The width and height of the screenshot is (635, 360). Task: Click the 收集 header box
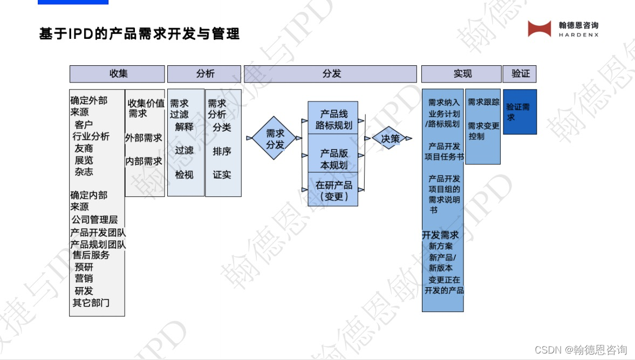[117, 74]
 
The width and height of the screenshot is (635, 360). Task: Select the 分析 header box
[204, 74]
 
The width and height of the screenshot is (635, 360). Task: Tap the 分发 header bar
[330, 74]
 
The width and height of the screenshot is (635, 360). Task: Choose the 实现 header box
[461, 74]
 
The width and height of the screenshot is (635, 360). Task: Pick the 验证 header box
[520, 74]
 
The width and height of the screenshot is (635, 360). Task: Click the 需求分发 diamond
[275, 139]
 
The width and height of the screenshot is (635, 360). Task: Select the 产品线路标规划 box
[333, 119]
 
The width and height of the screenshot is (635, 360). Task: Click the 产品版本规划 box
[333, 159]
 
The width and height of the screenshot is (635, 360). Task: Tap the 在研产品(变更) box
[333, 191]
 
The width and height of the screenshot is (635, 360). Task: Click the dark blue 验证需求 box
[520, 112]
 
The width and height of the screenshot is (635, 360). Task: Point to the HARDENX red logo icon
[539, 29]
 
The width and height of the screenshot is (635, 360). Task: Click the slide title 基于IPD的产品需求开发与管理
[139, 34]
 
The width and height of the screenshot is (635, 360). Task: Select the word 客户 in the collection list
[84, 125]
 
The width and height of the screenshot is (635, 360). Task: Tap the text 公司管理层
[94, 220]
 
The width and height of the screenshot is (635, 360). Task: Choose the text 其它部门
[91, 303]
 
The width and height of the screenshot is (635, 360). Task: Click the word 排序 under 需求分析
[222, 151]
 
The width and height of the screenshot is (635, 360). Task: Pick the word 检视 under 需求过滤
[184, 174]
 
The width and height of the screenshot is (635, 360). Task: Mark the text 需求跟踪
[483, 102]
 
